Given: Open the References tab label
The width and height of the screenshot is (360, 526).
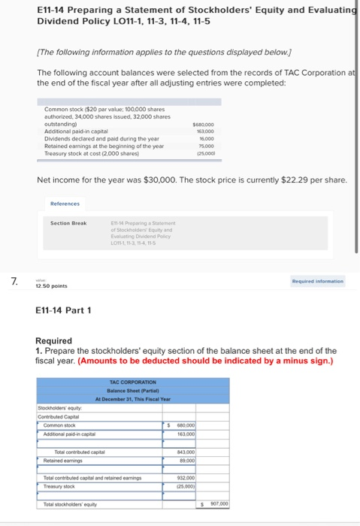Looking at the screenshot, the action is click(x=65, y=203).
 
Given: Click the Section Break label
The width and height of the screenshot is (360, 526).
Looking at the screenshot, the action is click(x=68, y=223).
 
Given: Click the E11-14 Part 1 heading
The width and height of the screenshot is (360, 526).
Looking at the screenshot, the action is click(x=64, y=310).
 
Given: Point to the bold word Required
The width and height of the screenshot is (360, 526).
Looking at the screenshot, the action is click(x=53, y=340).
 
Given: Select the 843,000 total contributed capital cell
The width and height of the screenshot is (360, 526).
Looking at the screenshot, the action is click(x=186, y=452).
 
